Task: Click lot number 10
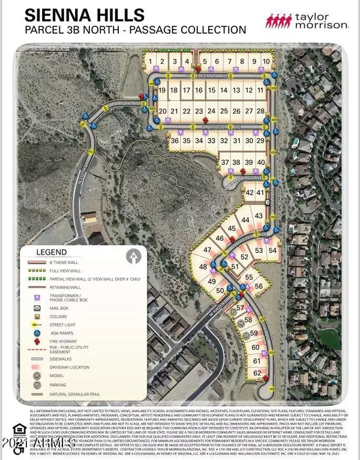pos(265,61)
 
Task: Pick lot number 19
pos(162,90)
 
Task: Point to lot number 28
pos(260,112)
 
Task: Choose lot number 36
pos(175,141)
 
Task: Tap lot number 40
pos(260,163)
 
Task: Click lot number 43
pos(259,216)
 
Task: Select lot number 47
pos(208,250)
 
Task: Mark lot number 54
pos(272,250)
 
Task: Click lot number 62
pos(257,373)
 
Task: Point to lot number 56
pos(259,286)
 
